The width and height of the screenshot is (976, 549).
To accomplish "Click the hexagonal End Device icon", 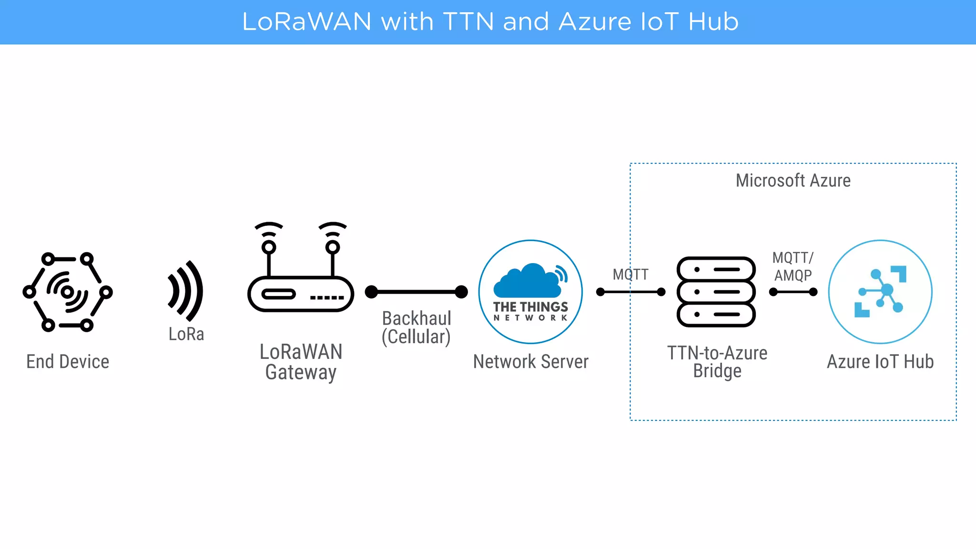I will pos(67,292).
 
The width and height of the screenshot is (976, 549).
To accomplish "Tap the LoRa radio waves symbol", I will pos(186,291).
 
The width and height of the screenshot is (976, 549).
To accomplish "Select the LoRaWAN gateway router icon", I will pos(300,293).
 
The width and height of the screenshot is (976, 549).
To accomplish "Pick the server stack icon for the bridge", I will pos(716,292).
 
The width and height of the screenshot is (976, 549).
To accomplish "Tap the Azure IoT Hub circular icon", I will pos(880,292).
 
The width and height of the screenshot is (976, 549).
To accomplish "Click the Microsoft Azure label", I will pos(793,181).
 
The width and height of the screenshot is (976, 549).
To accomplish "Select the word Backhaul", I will pos(417,318).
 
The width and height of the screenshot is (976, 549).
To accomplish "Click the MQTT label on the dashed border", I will pos(630,274).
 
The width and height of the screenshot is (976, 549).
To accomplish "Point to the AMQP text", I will pos(793,275).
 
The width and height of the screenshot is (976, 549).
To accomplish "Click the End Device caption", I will pos(68,362).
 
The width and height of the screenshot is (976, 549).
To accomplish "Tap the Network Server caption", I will pos(530,362).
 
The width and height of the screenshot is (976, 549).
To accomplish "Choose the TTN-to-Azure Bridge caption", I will pos(717,362).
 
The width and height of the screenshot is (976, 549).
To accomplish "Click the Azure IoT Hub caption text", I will pos(880,362).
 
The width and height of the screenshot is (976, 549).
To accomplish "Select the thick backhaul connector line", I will pos(416,292).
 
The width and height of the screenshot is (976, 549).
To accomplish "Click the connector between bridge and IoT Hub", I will pos(793,292).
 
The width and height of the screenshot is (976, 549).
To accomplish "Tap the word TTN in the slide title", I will pos(468,22).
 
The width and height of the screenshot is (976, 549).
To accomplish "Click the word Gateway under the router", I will pos(301,372).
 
